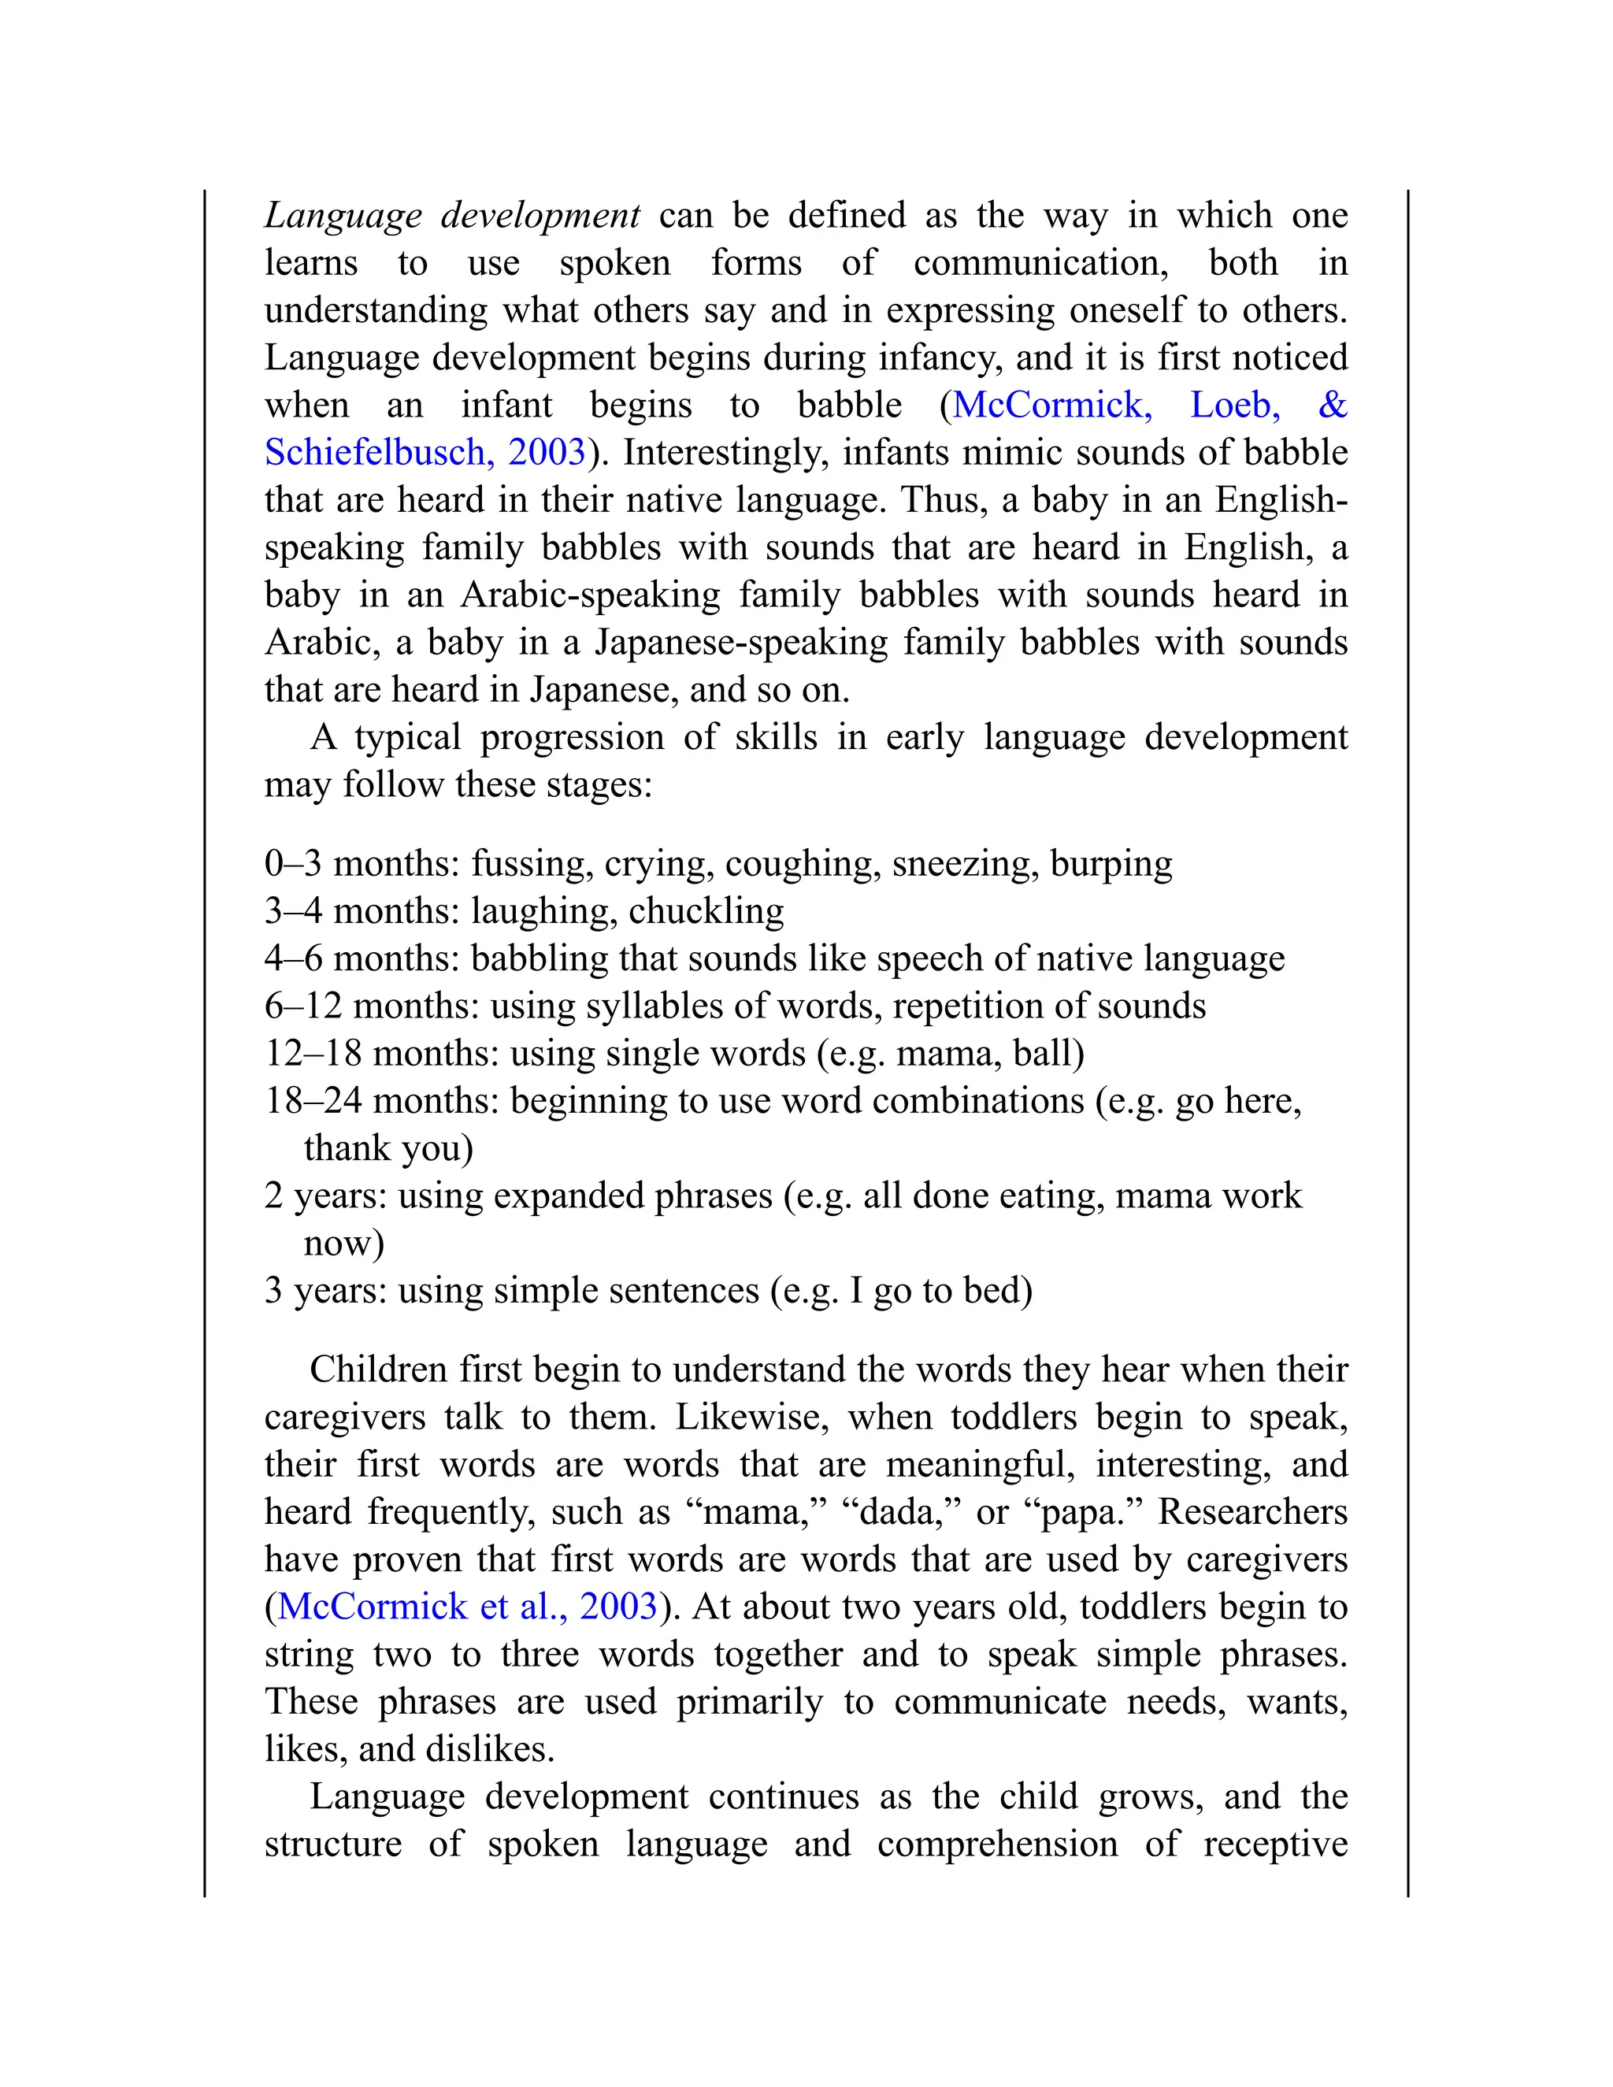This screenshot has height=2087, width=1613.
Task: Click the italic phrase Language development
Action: (x=452, y=216)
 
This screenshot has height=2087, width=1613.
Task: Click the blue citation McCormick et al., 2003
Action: (x=467, y=1607)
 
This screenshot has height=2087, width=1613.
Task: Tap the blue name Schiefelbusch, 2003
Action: (x=425, y=453)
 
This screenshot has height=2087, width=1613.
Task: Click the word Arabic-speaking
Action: (x=591, y=595)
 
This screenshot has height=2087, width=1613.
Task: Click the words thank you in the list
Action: (x=388, y=1148)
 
